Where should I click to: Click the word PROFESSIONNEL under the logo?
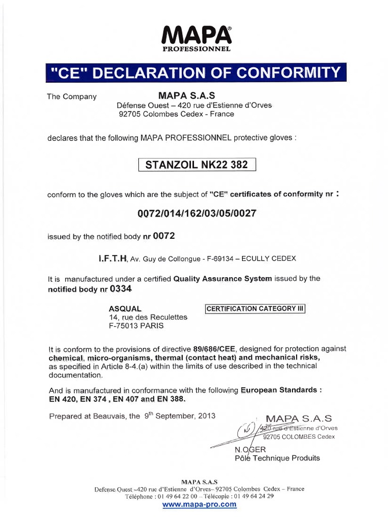[x=197, y=49]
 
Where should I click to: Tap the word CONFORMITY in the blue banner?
[x=289, y=73]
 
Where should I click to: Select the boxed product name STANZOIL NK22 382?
[x=197, y=165]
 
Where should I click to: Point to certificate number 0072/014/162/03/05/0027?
[x=197, y=213]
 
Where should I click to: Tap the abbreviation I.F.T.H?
[x=113, y=258]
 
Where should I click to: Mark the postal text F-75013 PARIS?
[x=136, y=326]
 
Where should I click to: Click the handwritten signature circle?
[x=247, y=429]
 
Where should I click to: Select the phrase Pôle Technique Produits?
[x=277, y=458]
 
